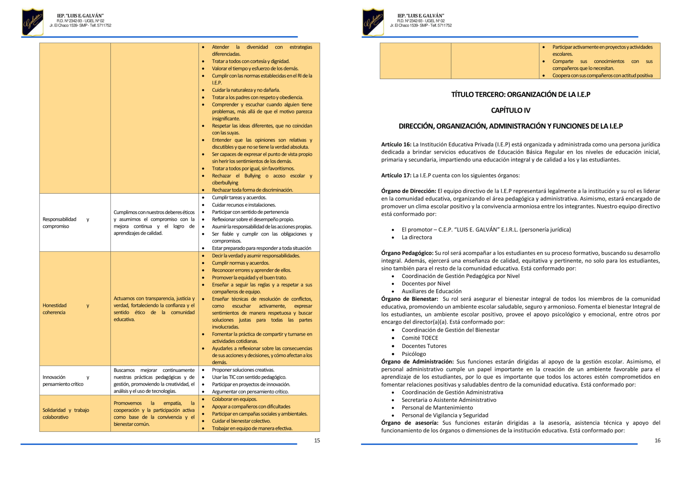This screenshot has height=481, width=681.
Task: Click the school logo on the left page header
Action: point(33,22)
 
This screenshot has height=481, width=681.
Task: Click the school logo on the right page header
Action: point(373,22)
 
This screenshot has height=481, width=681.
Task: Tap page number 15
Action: point(317,440)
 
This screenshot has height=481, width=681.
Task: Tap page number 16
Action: point(657,440)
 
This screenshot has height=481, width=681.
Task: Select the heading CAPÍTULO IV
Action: point(510,110)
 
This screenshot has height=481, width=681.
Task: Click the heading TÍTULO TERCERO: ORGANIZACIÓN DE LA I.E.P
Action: point(520,95)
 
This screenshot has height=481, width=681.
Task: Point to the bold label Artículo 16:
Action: point(396,144)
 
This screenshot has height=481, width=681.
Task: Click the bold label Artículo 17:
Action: point(396,175)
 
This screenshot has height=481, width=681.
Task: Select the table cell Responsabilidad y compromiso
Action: point(66,223)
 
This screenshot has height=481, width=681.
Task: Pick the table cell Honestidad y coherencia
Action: point(66,309)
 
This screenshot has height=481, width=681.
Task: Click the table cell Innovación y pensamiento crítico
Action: point(66,380)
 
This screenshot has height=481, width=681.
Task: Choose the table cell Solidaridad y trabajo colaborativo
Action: point(66,413)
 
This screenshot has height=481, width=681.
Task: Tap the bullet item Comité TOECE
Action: point(420,338)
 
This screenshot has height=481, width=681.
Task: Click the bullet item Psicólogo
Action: point(414,354)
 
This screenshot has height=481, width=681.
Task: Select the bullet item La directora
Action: point(417,237)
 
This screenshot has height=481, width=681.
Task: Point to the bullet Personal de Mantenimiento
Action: point(437,408)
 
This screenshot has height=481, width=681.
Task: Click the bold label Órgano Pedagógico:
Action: point(407,253)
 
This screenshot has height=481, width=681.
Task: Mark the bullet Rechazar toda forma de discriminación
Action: point(252,190)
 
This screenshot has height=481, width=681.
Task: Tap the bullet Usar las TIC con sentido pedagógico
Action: point(249,377)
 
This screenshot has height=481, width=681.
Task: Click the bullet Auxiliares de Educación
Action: point(431,291)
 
